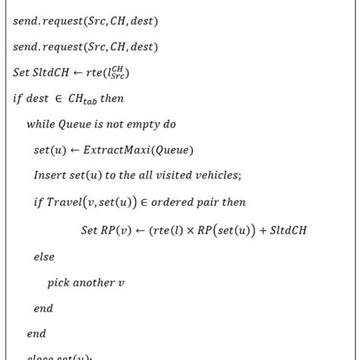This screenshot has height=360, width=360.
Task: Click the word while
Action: coord(43,125)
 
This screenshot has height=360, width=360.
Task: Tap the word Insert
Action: coord(50,176)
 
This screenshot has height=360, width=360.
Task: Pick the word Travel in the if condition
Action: coord(65,203)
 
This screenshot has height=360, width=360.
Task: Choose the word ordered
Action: coord(183,203)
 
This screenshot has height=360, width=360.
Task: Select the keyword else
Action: coord(44,257)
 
